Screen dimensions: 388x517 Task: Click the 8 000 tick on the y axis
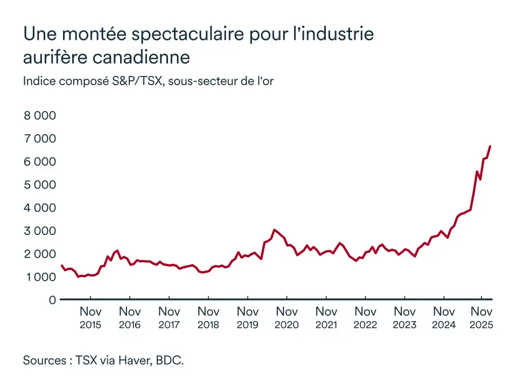[x=39, y=115]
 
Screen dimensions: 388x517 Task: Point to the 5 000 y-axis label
[x=39, y=184]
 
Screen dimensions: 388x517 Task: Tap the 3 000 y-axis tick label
[x=39, y=231]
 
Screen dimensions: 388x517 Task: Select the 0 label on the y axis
[x=52, y=300]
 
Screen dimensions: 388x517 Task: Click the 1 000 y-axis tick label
[x=39, y=276]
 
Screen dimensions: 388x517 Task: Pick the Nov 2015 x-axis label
[x=90, y=317]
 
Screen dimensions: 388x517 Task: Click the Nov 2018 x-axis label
[x=208, y=317]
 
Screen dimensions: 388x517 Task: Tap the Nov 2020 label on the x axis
[x=287, y=317]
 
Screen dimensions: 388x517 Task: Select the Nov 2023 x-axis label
[x=404, y=317]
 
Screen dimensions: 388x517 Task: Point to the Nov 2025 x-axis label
[x=482, y=317]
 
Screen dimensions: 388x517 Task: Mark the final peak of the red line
[x=490, y=147]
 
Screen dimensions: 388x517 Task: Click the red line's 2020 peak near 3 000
[x=275, y=230]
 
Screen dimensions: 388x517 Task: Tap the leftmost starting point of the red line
[x=61, y=265]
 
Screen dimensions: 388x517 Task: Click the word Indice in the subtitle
[x=39, y=81]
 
